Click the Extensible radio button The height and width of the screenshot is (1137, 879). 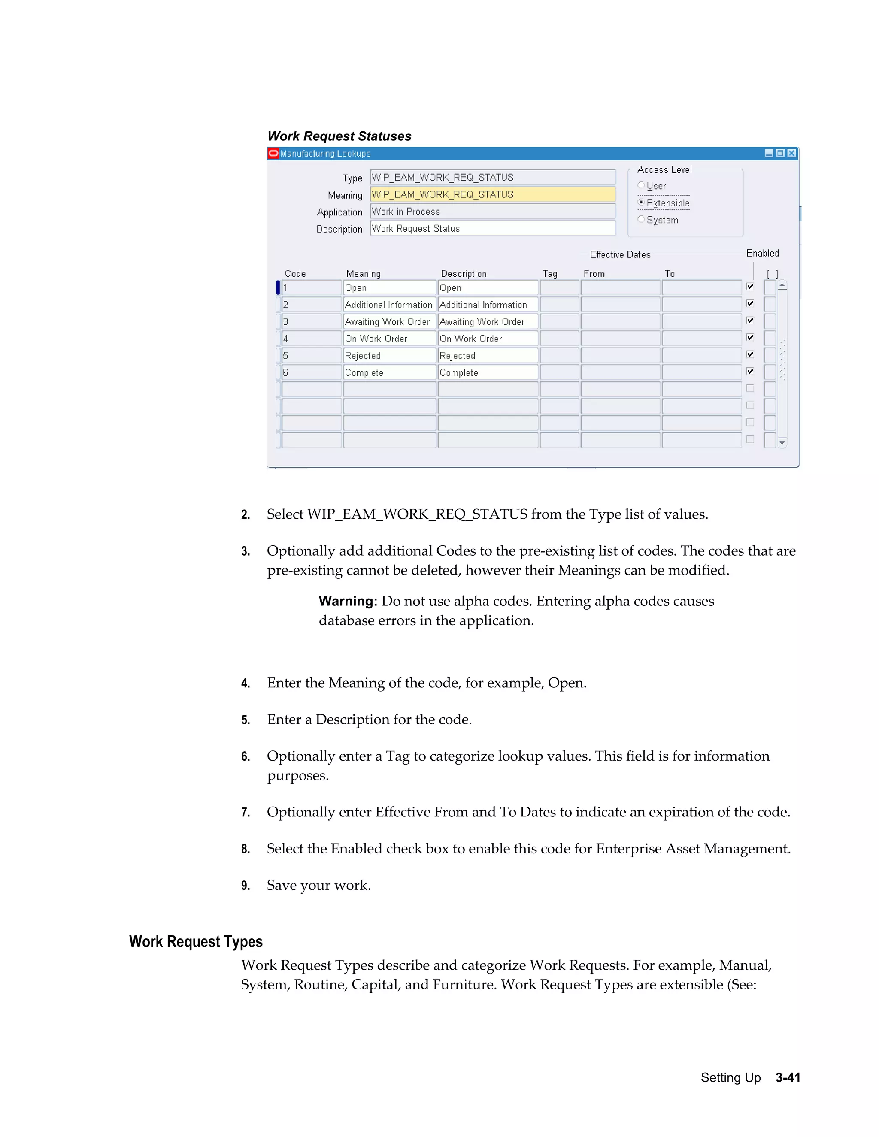coord(641,203)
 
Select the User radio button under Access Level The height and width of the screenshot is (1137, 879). coord(641,185)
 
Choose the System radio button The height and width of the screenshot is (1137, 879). coord(641,219)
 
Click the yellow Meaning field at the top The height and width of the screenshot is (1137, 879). coord(492,195)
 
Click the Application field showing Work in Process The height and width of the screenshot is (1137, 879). coord(492,212)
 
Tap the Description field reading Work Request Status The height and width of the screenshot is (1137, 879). coord(492,229)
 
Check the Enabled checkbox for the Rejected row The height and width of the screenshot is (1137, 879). coord(750,354)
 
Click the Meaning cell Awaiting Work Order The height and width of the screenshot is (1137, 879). coord(389,322)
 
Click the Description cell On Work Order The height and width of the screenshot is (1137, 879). coord(488,339)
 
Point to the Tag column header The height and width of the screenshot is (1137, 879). coord(549,274)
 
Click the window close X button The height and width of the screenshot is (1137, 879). coord(791,153)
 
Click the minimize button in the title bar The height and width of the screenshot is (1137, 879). coord(769,153)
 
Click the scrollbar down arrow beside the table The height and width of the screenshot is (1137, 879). coord(782,443)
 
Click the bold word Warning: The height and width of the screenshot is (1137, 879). coord(347,601)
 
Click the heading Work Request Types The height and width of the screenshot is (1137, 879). coord(196,942)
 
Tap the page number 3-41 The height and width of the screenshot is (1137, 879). coord(787,1078)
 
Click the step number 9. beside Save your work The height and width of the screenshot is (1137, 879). coord(245,886)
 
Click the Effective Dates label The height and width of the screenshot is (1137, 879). coord(620,254)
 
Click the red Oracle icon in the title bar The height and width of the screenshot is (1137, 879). coord(273,153)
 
